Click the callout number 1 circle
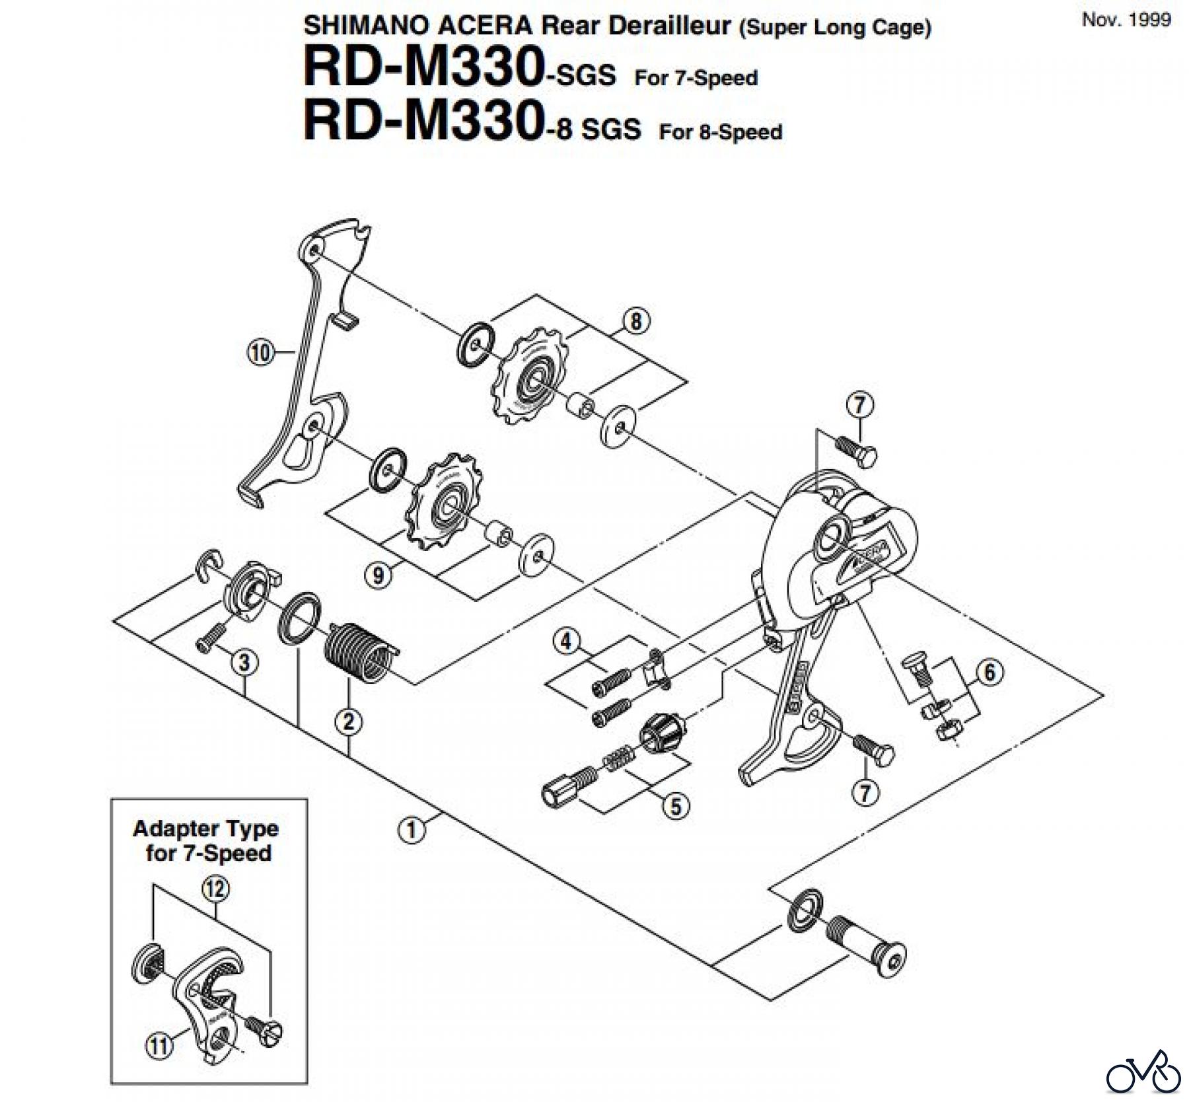(x=412, y=829)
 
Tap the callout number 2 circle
(x=349, y=721)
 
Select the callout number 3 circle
(x=244, y=661)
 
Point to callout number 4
(x=566, y=642)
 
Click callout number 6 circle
(x=990, y=673)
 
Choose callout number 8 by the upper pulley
(x=635, y=322)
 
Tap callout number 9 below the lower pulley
(x=378, y=575)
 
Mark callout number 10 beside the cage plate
(x=260, y=353)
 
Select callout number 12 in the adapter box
(x=216, y=889)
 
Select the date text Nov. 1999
(x=1126, y=19)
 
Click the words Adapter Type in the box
(x=205, y=828)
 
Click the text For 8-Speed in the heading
(x=720, y=131)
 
